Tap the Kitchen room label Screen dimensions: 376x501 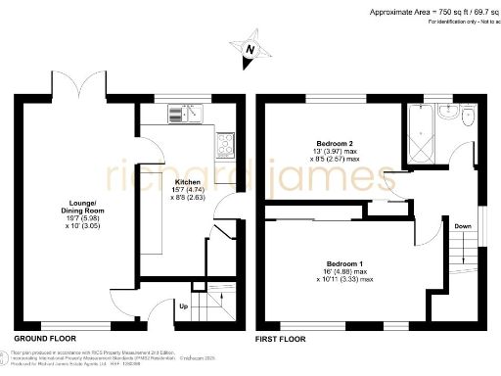click(x=188, y=183)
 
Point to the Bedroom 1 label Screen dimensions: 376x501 click(x=344, y=263)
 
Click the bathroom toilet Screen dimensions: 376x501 click(x=451, y=115)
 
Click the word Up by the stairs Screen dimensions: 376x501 click(x=183, y=306)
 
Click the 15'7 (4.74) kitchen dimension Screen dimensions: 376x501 click(x=188, y=193)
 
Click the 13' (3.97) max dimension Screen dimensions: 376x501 click(x=338, y=151)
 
